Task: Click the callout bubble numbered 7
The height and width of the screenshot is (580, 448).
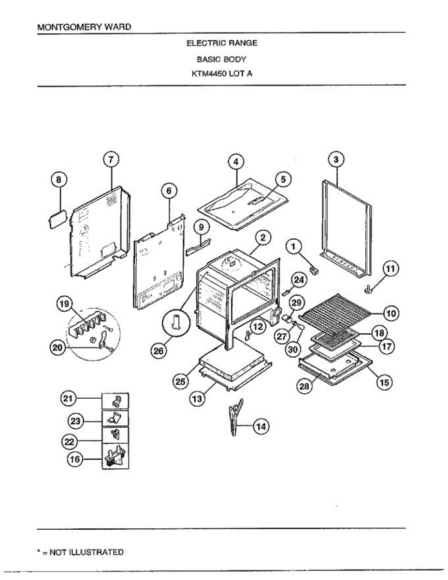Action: (x=111, y=159)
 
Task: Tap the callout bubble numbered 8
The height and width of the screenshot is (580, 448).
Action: (x=59, y=180)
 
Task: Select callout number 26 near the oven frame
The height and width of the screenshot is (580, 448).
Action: (x=159, y=351)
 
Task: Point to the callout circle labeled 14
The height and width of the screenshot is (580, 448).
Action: (x=261, y=426)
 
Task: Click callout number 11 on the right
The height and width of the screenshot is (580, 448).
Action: (x=391, y=268)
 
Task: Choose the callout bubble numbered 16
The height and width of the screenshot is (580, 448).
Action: (x=75, y=460)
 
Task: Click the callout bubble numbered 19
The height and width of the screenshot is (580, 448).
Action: (x=64, y=304)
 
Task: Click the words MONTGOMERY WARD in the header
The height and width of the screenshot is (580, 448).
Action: (x=84, y=27)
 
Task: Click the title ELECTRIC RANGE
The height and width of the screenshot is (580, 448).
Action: (x=222, y=43)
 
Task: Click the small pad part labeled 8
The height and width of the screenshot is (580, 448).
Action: (x=56, y=217)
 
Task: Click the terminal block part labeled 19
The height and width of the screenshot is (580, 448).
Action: (x=89, y=324)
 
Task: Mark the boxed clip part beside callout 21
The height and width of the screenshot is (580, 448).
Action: (x=116, y=400)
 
